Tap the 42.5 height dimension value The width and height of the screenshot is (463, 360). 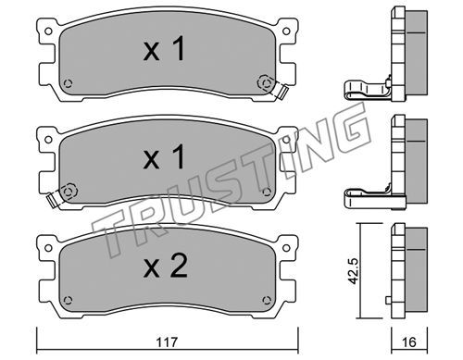pyautogui.click(x=353, y=271)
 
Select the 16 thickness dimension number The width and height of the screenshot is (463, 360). pyautogui.click(x=409, y=342)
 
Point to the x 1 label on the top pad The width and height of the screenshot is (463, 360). pyautogui.click(x=164, y=49)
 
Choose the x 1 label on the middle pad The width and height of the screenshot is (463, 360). pyautogui.click(x=164, y=157)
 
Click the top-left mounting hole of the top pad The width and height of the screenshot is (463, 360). pyautogui.click(x=48, y=31)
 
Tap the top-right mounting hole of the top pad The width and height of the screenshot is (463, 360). pyautogui.click(x=286, y=31)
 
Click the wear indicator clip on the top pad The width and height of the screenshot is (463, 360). pyautogui.click(x=281, y=91)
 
